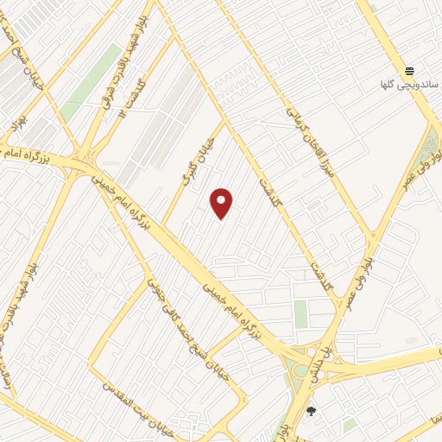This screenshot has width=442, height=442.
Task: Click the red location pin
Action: pyautogui.click(x=222, y=203)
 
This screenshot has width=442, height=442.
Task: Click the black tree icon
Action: pyautogui.click(x=312, y=411)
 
